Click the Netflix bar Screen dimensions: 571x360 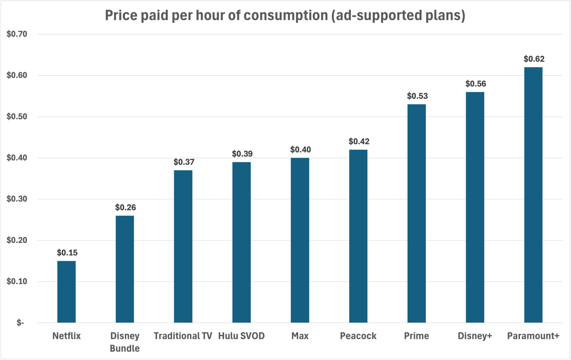pyautogui.click(x=66, y=292)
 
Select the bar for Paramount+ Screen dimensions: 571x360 pyautogui.click(x=533, y=195)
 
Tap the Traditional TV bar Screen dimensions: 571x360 pyautogui.click(x=183, y=246)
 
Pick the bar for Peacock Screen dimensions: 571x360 pyautogui.click(x=358, y=236)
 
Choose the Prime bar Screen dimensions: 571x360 pyautogui.click(x=416, y=213)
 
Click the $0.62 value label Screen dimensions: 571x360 pyautogui.click(x=534, y=59)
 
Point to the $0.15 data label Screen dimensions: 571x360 pyautogui.click(x=67, y=252)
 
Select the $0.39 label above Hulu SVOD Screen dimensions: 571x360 pyautogui.click(x=242, y=154)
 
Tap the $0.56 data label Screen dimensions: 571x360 pyautogui.click(x=476, y=84)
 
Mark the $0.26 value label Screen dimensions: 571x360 pyautogui.click(x=126, y=208)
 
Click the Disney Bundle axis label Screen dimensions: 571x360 pyautogui.click(x=125, y=342)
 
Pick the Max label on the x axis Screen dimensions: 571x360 pyautogui.click(x=300, y=336)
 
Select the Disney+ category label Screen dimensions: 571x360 pyautogui.click(x=474, y=336)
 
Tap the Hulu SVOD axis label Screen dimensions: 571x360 pyautogui.click(x=242, y=336)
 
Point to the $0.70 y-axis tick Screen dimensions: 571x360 pyautogui.click(x=17, y=34)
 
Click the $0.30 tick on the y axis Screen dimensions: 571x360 pyautogui.click(x=17, y=199)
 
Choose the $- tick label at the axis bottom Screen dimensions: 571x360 pyautogui.click(x=20, y=323)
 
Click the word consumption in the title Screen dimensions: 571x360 pyautogui.click(x=286, y=16)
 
